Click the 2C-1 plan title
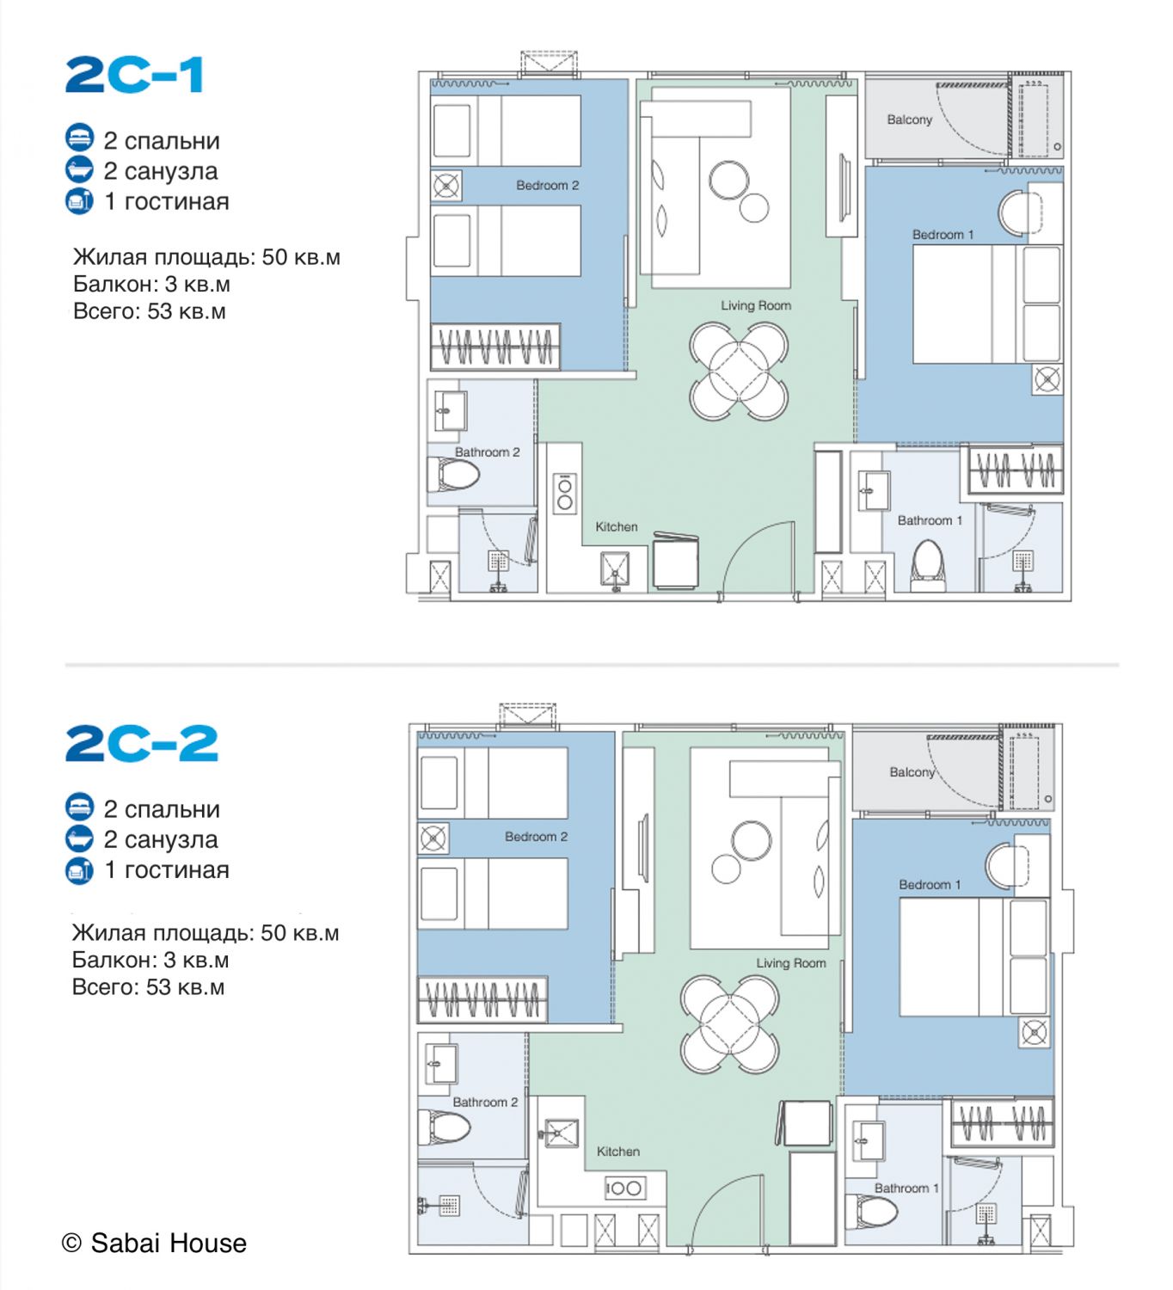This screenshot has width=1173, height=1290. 134,75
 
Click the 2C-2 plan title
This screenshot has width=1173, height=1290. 142,743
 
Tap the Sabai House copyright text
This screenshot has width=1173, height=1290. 154,1243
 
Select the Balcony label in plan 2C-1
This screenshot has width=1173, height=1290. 909,120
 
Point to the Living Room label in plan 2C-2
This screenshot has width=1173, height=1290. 791,962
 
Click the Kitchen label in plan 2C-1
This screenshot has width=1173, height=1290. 616,526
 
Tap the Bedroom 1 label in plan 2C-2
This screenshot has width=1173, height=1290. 930,885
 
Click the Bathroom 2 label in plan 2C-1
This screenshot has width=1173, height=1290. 488,452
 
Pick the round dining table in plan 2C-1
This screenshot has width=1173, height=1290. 740,372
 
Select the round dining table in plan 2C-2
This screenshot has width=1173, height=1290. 730,1025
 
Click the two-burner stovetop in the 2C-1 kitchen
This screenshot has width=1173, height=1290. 565,494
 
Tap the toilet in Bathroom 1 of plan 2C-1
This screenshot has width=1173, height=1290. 928,565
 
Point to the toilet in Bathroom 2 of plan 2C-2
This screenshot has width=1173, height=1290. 445,1127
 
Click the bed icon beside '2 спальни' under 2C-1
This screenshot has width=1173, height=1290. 80,138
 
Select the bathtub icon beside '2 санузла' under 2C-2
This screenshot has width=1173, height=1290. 80,838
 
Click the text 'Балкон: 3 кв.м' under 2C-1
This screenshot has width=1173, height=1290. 151,284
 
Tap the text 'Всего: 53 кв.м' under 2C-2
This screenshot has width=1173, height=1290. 149,986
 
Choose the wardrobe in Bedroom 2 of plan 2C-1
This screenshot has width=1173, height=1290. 495,347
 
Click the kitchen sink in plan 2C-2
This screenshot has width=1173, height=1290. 561,1133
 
